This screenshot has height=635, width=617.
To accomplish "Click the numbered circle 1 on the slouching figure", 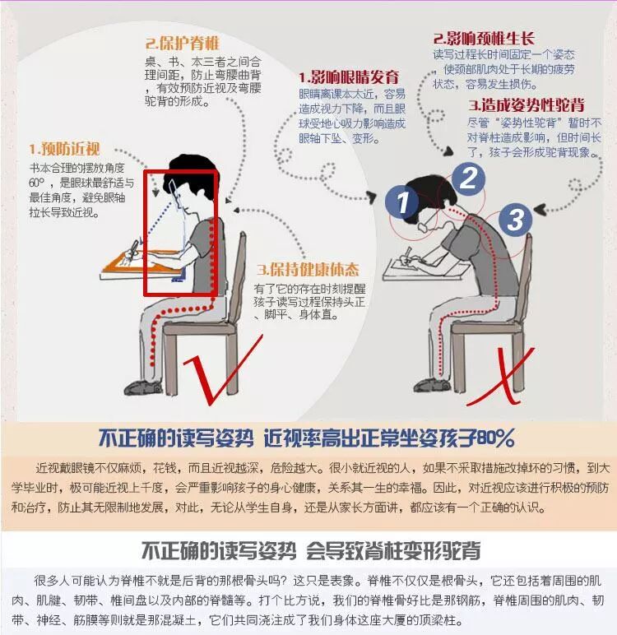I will (x=402, y=202).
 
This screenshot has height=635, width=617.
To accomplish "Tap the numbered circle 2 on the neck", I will (x=468, y=178).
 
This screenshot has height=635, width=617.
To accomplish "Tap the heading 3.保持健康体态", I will (x=308, y=270).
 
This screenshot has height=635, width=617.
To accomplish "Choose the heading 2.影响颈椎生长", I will (x=485, y=38).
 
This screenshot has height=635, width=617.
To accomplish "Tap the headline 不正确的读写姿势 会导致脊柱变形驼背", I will (x=310, y=550).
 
